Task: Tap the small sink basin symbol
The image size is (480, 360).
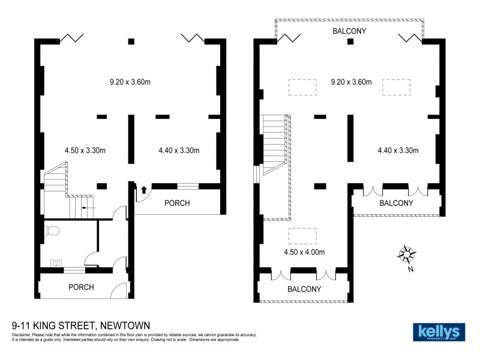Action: (x=55, y=262)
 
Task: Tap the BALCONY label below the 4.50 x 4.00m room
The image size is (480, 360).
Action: (x=304, y=289)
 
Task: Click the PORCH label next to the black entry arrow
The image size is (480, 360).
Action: (x=176, y=203)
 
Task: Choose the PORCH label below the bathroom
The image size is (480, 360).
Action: (x=81, y=287)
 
